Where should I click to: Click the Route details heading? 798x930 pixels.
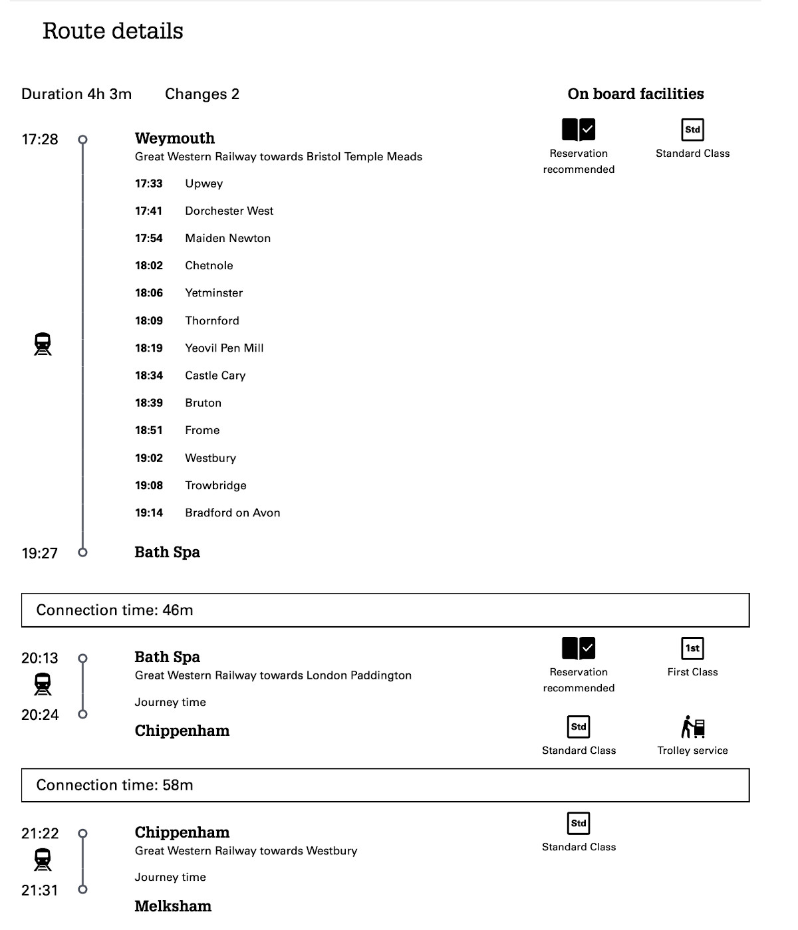pyautogui.click(x=112, y=31)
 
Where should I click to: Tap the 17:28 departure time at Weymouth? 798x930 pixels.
pyautogui.click(x=40, y=140)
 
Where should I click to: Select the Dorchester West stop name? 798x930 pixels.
pyautogui.click(x=229, y=211)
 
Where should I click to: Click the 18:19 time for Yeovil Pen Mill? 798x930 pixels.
pyautogui.click(x=149, y=348)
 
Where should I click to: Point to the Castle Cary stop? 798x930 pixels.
pyautogui.click(x=215, y=376)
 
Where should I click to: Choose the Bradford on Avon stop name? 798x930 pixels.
pyautogui.click(x=232, y=513)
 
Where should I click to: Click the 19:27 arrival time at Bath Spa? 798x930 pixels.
pyautogui.click(x=40, y=553)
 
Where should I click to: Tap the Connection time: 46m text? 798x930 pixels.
pyautogui.click(x=114, y=610)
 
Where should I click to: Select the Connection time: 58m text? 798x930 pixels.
pyautogui.click(x=114, y=785)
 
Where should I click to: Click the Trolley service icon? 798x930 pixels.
pyautogui.click(x=692, y=727)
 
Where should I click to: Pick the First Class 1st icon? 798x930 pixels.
pyautogui.click(x=692, y=648)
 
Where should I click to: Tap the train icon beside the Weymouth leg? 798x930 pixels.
pyautogui.click(x=43, y=344)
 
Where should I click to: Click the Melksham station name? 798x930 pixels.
pyautogui.click(x=173, y=906)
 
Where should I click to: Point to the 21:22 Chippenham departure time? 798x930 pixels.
pyautogui.click(x=40, y=834)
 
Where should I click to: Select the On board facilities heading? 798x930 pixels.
pyautogui.click(x=635, y=94)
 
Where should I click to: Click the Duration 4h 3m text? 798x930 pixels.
pyautogui.click(x=76, y=94)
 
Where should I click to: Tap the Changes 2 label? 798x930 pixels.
pyautogui.click(x=202, y=94)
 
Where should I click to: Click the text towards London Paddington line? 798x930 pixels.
pyautogui.click(x=273, y=675)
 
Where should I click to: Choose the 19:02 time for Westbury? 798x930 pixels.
pyautogui.click(x=149, y=458)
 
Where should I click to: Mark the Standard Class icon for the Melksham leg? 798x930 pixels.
pyautogui.click(x=579, y=823)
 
